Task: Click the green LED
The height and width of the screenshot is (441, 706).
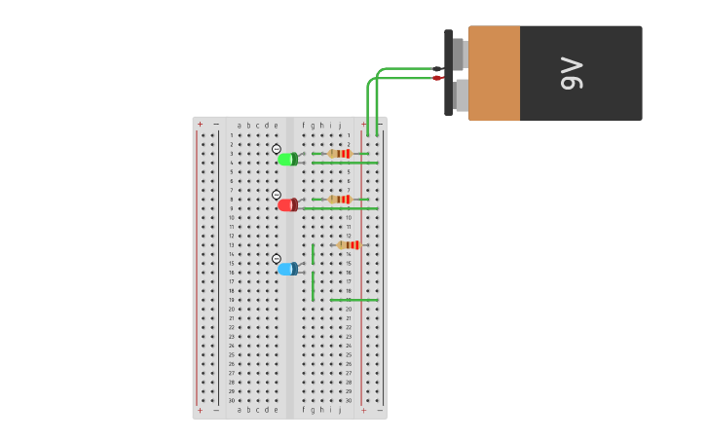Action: (x=287, y=159)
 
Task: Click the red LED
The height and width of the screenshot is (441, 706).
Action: (x=287, y=204)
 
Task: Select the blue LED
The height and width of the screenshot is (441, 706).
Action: (x=287, y=269)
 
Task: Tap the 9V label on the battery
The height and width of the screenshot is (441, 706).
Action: (x=572, y=74)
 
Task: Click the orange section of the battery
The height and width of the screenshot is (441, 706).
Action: (x=494, y=73)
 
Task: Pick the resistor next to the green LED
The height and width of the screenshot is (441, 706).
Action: (x=340, y=153)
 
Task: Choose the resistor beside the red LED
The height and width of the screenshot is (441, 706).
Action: (x=340, y=199)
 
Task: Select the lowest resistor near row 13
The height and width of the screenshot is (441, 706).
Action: (x=349, y=244)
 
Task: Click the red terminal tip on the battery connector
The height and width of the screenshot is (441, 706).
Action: (x=437, y=78)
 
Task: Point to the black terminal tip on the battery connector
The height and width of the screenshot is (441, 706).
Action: (x=437, y=69)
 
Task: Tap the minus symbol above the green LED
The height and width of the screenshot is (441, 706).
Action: (x=277, y=149)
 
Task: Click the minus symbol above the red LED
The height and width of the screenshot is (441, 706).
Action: (x=277, y=195)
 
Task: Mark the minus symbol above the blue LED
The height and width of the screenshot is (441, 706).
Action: (x=277, y=259)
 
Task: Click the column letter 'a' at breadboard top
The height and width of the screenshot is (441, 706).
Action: (x=240, y=125)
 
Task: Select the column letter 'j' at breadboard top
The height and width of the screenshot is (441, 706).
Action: (x=339, y=125)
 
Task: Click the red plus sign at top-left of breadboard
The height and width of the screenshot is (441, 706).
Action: (x=201, y=125)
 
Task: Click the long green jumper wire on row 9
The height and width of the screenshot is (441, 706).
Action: (x=341, y=208)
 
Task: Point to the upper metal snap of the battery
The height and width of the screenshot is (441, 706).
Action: (x=459, y=55)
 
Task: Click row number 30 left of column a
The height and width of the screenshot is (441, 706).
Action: (x=232, y=400)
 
